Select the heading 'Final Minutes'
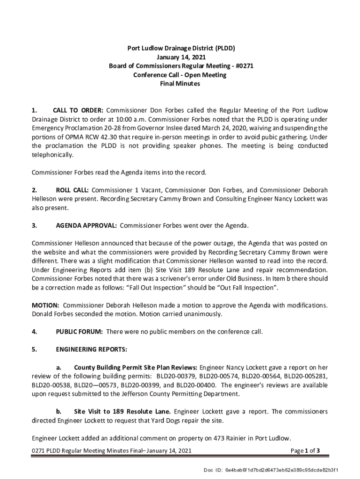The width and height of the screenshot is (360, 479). coord(180,84)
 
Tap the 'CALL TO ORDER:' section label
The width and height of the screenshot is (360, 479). coord(78,110)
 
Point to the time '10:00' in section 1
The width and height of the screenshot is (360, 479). coord(141,119)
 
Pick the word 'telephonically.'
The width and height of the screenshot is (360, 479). coord(53,155)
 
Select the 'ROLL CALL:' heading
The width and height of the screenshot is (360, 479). coord(72,190)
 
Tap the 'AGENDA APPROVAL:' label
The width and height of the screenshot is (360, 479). coord(86,226)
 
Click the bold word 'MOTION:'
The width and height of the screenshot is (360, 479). coord(45,305)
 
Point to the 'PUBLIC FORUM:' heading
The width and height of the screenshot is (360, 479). coord(79,332)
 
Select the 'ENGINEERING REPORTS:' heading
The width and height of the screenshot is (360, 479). coord(91,349)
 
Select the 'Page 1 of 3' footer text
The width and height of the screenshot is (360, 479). coord(305,451)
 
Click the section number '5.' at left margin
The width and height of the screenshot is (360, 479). coord(34,349)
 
